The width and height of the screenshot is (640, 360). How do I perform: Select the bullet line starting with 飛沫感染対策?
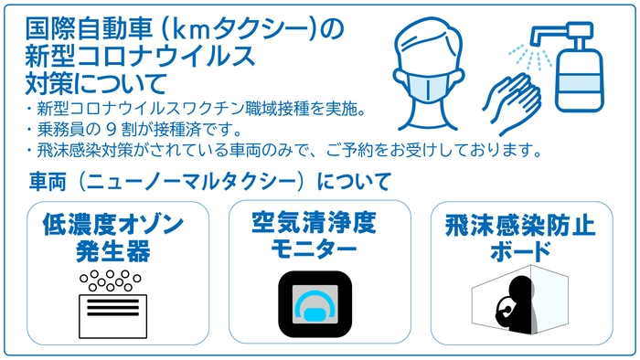click(283, 149)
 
